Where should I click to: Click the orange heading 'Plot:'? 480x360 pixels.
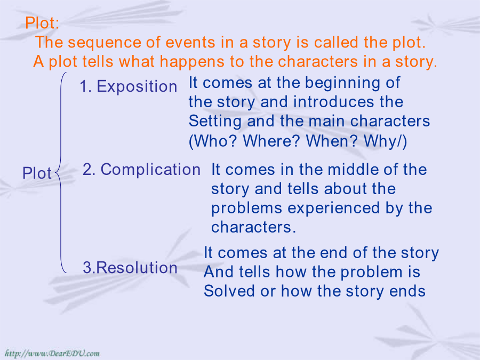[42, 23]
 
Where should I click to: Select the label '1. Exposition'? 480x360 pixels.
[128, 86]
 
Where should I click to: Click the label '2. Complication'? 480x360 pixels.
[141, 170]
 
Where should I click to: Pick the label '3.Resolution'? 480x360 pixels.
[130, 267]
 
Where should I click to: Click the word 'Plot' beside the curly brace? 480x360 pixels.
[37, 173]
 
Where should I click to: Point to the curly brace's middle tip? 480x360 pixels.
[55, 173]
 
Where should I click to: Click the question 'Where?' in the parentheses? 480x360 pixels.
[272, 141]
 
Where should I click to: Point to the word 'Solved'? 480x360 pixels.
[229, 291]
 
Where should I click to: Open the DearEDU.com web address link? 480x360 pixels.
[52, 354]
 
